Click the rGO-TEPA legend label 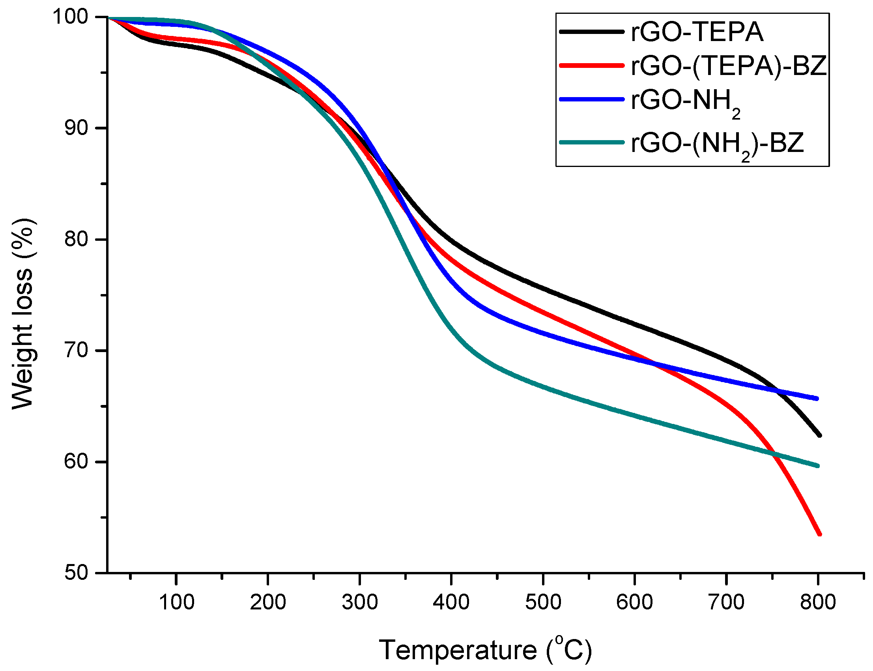pos(697,32)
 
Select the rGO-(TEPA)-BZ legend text pos(728,66)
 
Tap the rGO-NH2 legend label pos(685,102)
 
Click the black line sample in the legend pos(592,32)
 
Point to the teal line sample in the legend pos(592,142)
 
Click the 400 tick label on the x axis pos(451,602)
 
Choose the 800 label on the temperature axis pos(818,602)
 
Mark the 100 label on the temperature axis pos(176,602)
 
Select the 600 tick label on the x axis pos(634,602)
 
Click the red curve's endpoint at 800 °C pos(819,534)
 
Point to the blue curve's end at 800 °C pos(817,399)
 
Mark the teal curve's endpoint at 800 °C pos(818,466)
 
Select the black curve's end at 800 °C pos(819,435)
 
